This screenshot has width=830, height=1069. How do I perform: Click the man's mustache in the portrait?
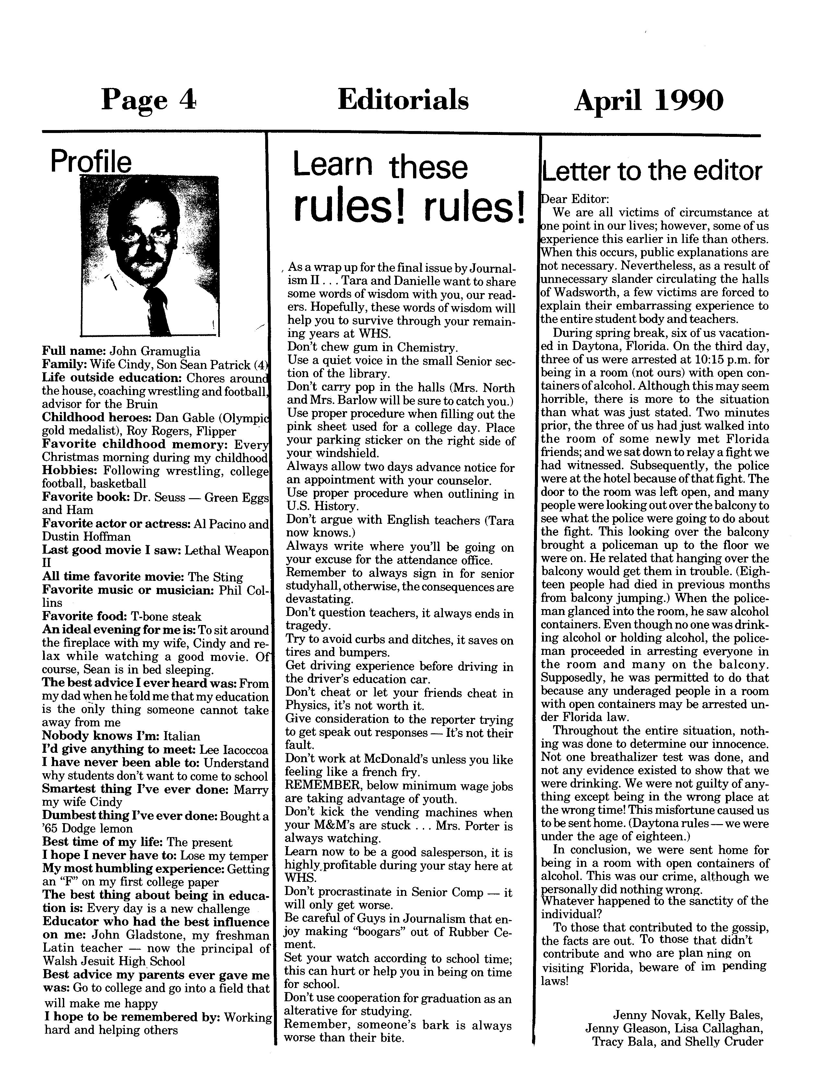(x=147, y=258)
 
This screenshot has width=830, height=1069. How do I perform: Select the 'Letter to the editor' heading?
(x=651, y=171)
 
